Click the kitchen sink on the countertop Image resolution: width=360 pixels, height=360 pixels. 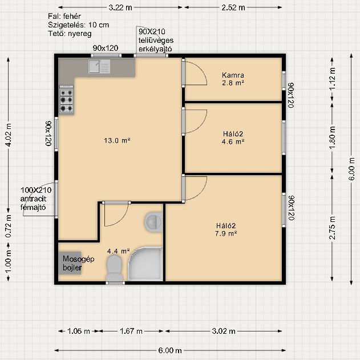[x=99, y=66]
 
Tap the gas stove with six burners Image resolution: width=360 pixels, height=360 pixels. [x=67, y=99]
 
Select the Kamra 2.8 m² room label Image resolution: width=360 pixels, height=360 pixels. [x=233, y=79]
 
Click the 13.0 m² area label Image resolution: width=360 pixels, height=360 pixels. [x=117, y=140]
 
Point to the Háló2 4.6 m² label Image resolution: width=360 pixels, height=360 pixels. [x=233, y=137]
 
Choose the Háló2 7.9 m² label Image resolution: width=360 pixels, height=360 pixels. [x=226, y=229]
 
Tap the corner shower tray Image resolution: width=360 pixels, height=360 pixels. [x=145, y=264]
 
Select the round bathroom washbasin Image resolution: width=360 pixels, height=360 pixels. [x=153, y=222]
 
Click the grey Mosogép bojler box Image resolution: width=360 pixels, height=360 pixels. [x=70, y=263]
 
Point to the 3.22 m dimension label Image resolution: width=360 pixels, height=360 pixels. [x=120, y=7]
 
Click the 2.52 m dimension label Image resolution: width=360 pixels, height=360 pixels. [x=233, y=7]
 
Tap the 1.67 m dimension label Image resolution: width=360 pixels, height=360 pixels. [x=131, y=331]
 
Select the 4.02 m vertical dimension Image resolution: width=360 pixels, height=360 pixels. [x=8, y=135]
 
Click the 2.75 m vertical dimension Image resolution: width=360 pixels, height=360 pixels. [x=332, y=228]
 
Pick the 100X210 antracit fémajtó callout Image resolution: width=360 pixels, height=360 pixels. [x=36, y=199]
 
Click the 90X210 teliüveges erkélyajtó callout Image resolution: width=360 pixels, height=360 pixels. [x=156, y=40]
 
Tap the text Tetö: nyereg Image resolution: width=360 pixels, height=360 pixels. [x=70, y=34]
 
